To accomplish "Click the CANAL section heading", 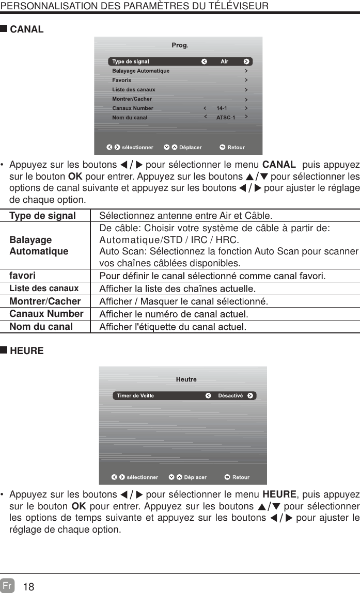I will (27, 29).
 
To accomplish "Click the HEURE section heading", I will (27, 351).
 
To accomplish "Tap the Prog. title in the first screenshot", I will (180, 45).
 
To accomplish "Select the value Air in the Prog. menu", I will (224, 62).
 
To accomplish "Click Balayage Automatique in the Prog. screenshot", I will (140, 71).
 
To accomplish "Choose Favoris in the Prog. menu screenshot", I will (122, 81).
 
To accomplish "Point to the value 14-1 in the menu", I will (222, 108).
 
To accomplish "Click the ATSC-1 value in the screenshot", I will (225, 118).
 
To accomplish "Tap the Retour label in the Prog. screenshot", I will (236, 148).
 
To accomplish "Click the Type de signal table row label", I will (43, 216).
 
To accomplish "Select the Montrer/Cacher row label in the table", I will (45, 301).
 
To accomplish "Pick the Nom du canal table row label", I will (41, 327).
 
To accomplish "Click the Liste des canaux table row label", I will (44, 289).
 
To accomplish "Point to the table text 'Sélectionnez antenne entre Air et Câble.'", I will (186, 216).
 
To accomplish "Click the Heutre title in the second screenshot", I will (186, 379).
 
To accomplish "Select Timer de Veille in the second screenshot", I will (135, 396).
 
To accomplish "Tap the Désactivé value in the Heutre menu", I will (230, 396).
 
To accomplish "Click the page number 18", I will (29, 587).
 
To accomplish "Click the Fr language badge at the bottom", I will (7, 586).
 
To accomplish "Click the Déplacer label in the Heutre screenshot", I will (195, 477).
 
